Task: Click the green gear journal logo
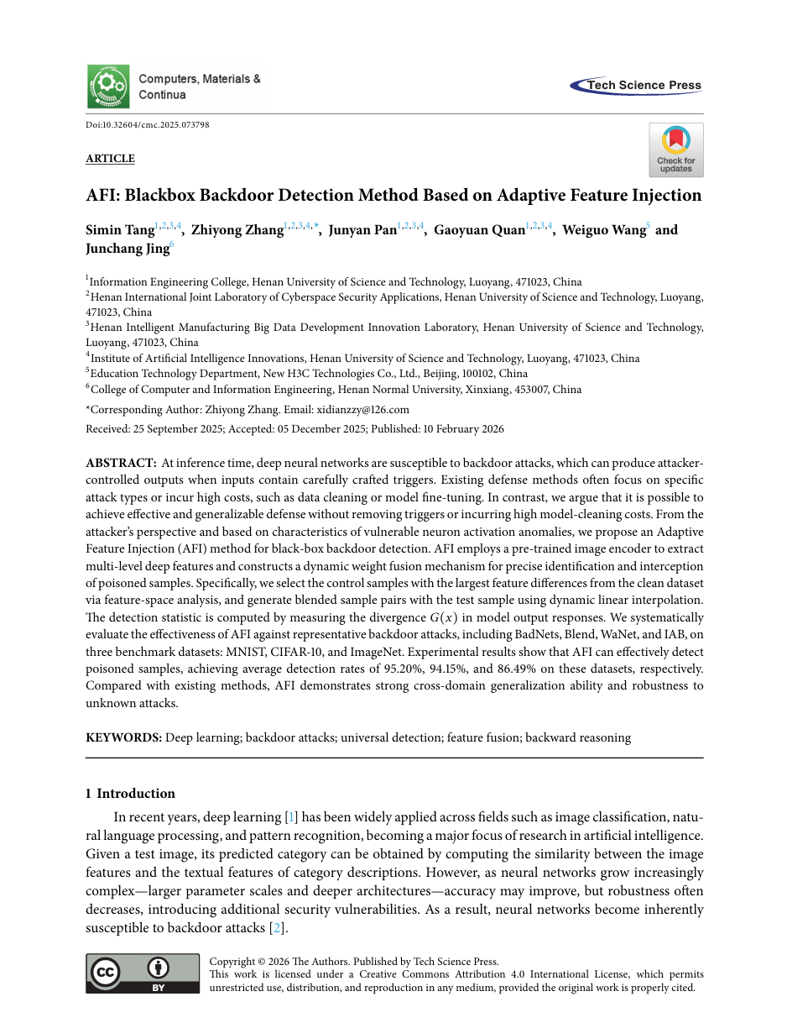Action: click(x=108, y=86)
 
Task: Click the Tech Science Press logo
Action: click(x=636, y=85)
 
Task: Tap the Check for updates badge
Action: click(x=675, y=149)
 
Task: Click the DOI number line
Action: click(x=148, y=124)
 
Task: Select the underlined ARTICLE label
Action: click(x=110, y=159)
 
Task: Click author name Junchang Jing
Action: click(x=127, y=249)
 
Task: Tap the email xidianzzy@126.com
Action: click(x=362, y=410)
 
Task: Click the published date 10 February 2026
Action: click(x=462, y=428)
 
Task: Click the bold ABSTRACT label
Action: click(x=121, y=463)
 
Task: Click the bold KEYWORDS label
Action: click(x=123, y=737)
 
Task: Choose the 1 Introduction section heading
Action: click(x=130, y=794)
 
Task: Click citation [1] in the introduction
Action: click(x=291, y=817)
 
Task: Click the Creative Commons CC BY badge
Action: click(x=143, y=973)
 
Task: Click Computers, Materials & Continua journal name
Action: click(x=199, y=87)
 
